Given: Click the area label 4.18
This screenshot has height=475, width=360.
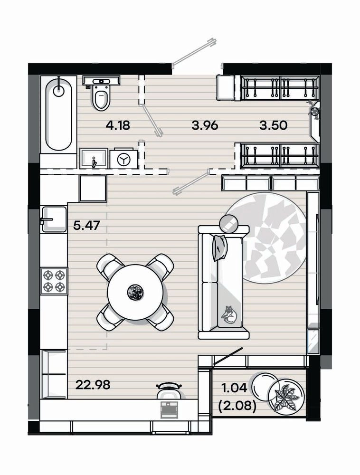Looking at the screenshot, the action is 118,125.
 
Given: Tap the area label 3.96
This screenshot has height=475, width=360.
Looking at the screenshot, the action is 205,125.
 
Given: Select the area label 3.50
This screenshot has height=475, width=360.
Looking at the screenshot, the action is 273,125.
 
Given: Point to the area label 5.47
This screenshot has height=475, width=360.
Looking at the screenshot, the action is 86,225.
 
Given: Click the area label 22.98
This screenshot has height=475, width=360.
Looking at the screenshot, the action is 93,385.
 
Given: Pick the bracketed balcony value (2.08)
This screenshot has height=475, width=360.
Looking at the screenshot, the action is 237,405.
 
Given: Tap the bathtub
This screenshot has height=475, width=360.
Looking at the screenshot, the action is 59,114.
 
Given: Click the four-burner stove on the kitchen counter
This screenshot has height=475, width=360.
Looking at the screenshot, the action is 54,281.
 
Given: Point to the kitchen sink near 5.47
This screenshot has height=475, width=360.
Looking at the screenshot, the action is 54,219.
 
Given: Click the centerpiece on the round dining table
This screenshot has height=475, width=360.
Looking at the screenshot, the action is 135,292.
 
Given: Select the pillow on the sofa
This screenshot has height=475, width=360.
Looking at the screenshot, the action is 220,248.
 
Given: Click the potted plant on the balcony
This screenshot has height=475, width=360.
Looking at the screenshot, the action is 284,396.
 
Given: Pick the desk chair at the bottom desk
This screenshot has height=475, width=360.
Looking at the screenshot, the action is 169,390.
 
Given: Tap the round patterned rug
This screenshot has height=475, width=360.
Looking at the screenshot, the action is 267,238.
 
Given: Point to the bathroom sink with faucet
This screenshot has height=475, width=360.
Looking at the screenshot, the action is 94,158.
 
